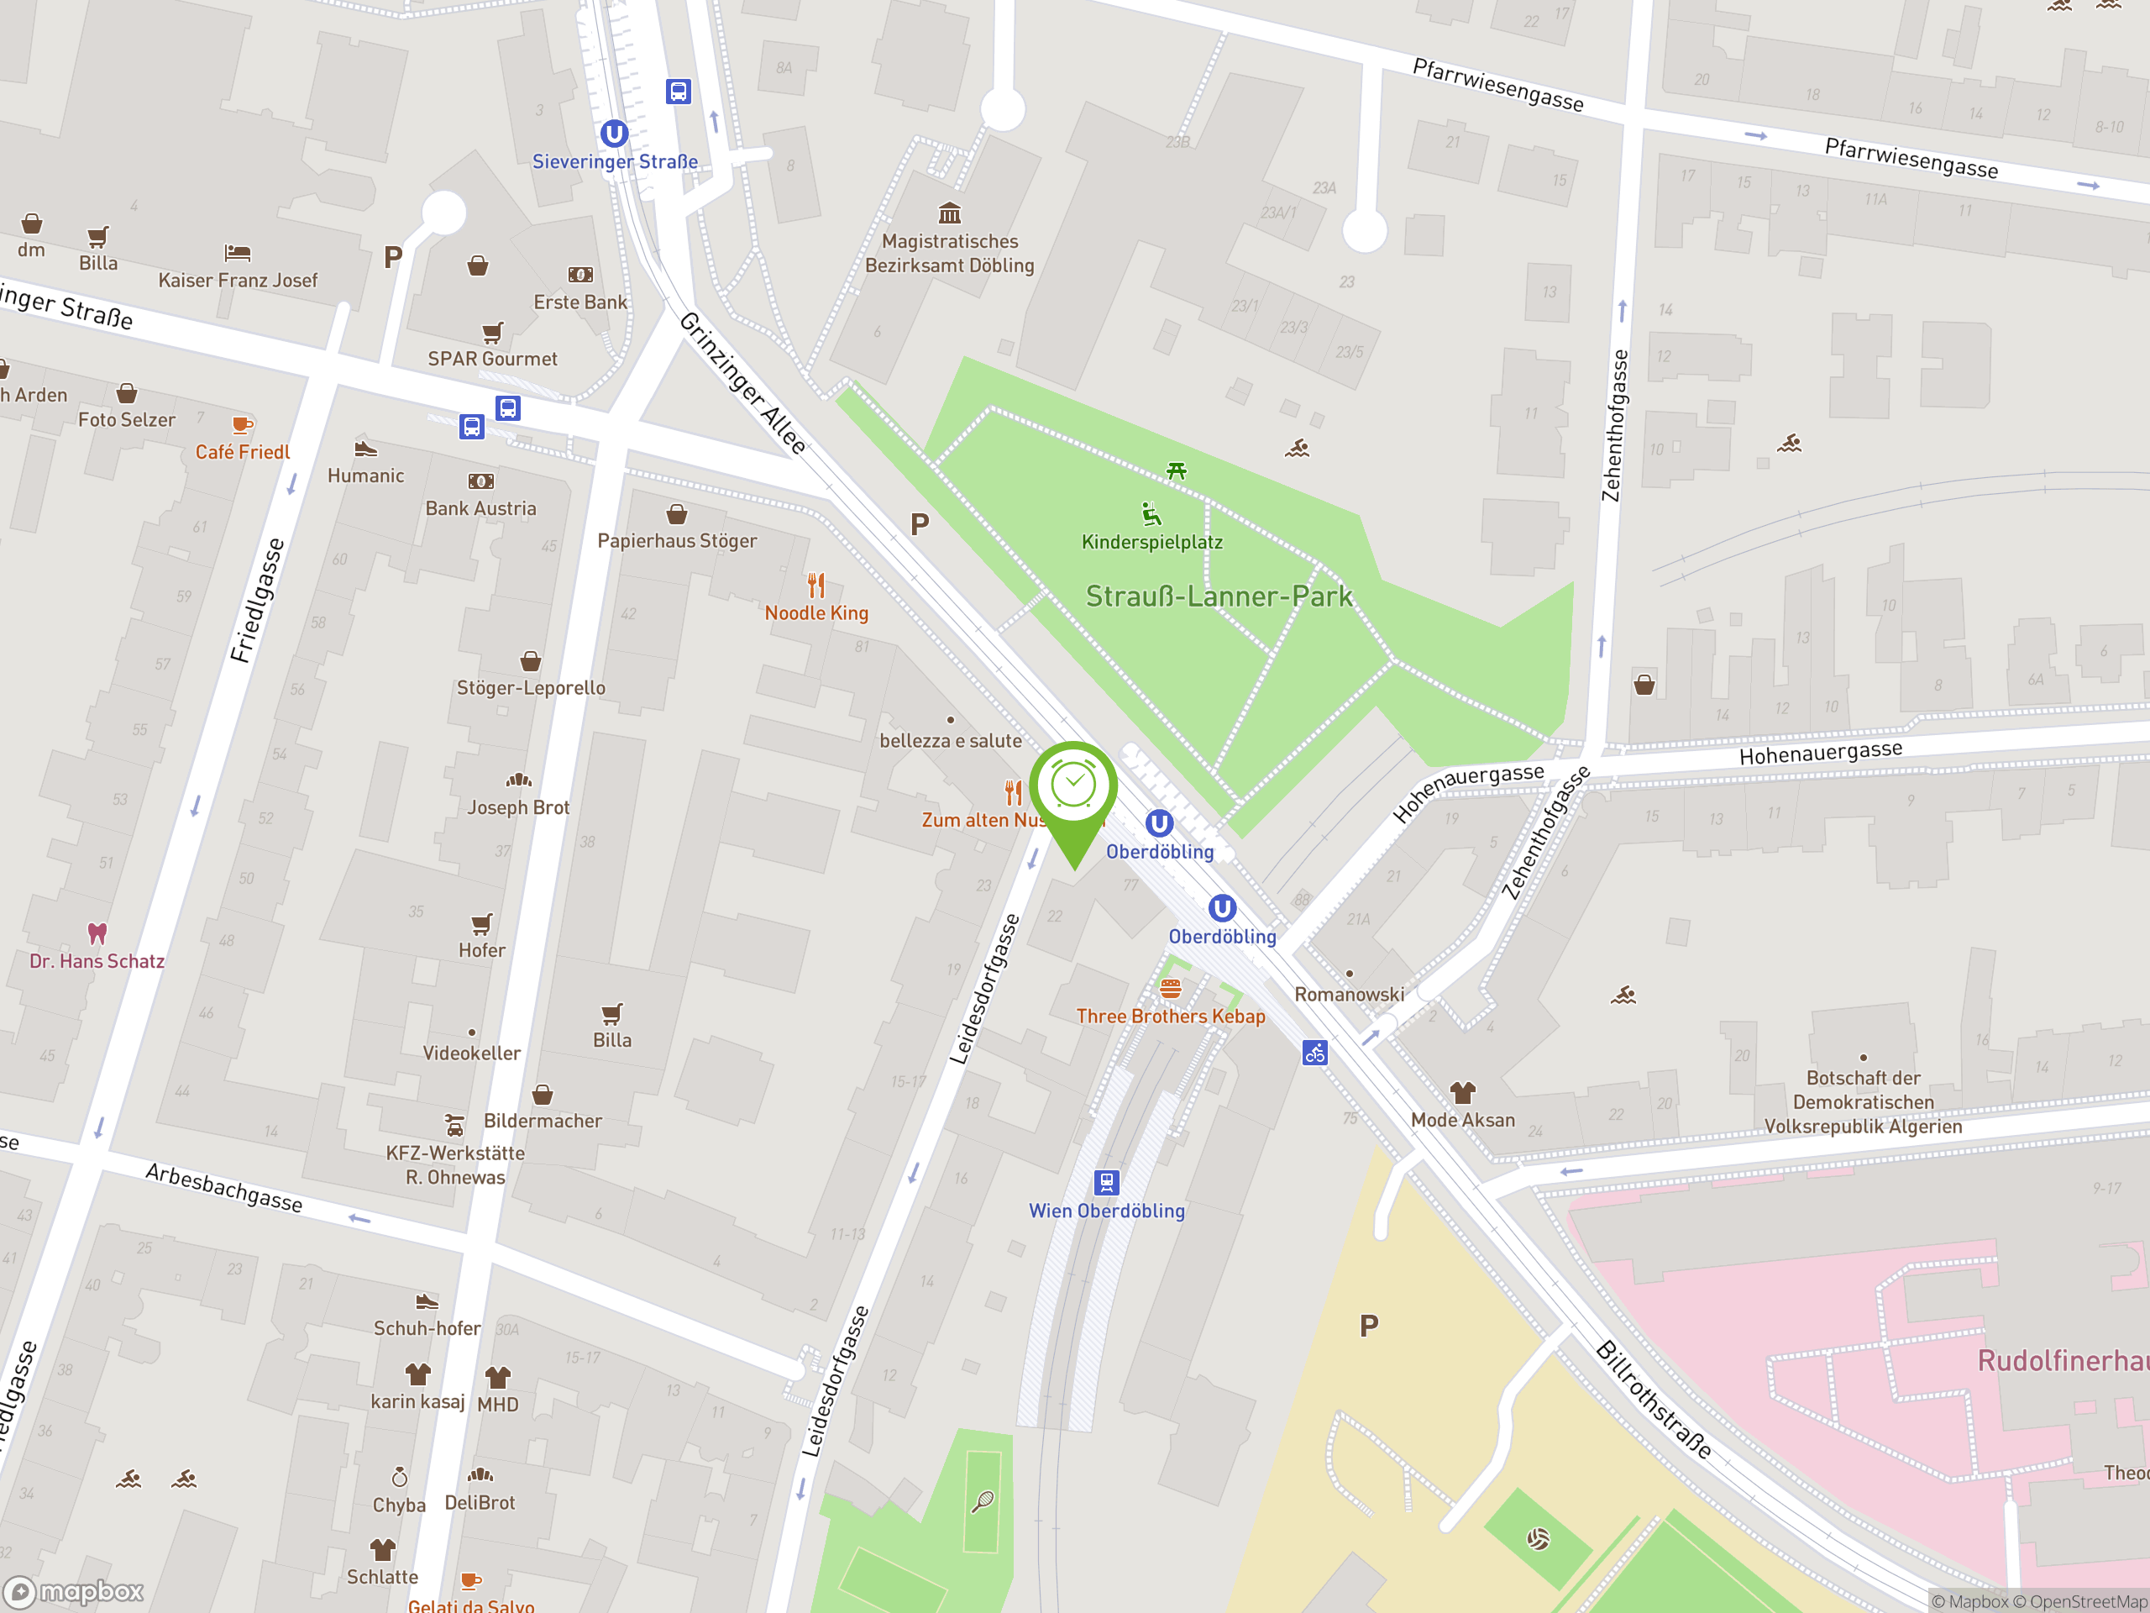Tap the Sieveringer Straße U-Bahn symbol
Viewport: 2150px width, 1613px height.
coord(613,134)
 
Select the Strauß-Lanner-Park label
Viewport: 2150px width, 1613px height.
coord(1219,596)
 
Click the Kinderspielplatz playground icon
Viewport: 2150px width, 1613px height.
coord(1151,513)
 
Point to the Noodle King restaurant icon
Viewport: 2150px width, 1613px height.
coord(816,586)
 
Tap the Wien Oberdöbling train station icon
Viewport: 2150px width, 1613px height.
coord(1106,1182)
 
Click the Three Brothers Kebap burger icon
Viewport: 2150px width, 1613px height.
coord(1170,989)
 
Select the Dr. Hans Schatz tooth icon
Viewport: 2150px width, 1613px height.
coord(97,933)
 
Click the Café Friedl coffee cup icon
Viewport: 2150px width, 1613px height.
coord(242,424)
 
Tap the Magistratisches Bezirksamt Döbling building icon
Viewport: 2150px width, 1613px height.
coord(950,213)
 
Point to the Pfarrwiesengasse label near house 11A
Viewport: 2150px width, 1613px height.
coord(1911,157)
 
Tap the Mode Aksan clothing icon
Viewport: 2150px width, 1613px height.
coord(1463,1092)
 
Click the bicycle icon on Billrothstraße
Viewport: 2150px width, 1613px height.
coord(1315,1053)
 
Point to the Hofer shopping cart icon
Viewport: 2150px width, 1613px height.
coord(482,922)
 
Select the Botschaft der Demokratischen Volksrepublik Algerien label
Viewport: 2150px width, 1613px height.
coord(1862,1101)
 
